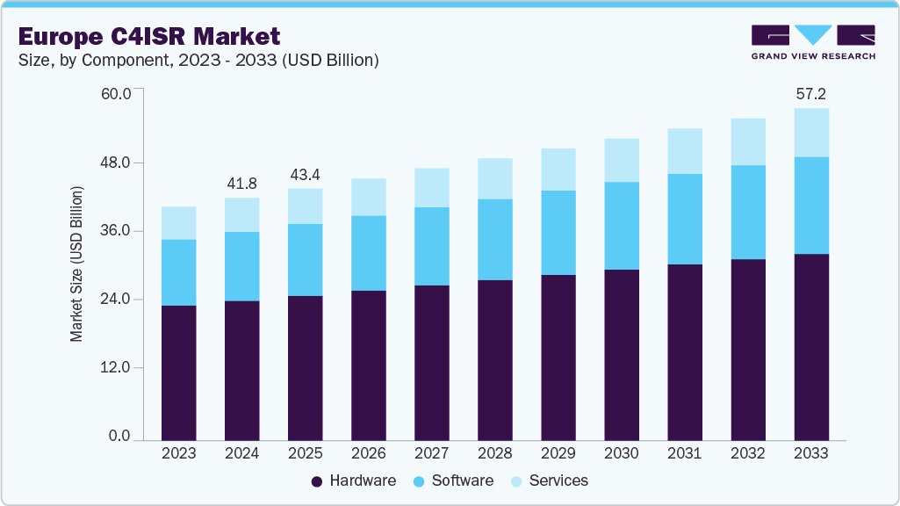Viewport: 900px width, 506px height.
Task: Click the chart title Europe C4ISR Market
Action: [x=148, y=36]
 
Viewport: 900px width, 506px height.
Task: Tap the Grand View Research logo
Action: [x=813, y=42]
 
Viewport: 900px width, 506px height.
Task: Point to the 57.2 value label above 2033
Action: [x=810, y=93]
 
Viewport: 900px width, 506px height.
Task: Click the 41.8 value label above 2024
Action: [x=241, y=183]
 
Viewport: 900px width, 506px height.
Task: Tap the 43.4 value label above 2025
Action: [x=305, y=173]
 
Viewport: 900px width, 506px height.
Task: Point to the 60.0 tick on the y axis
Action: [x=116, y=94]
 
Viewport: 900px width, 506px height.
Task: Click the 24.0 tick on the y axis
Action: [x=116, y=300]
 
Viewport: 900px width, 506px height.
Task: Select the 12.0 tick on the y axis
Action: [x=116, y=368]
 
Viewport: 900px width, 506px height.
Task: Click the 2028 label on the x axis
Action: [x=494, y=453]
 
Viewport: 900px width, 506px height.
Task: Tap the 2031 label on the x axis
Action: [x=684, y=453]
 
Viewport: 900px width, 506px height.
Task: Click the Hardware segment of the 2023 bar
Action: [x=178, y=372]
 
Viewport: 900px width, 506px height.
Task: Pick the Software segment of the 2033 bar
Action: [x=810, y=206]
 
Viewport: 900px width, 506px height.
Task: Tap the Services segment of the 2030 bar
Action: [x=621, y=160]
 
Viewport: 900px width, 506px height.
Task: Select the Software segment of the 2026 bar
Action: [x=368, y=253]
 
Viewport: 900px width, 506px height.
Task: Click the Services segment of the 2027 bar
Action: [x=431, y=187]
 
